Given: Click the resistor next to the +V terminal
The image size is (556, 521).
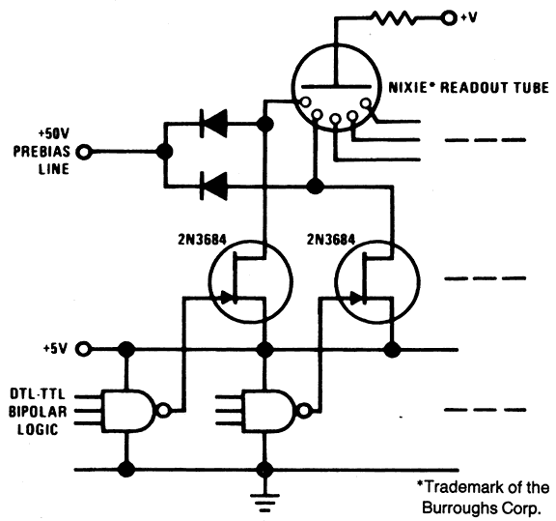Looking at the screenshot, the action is pyautogui.click(x=393, y=17).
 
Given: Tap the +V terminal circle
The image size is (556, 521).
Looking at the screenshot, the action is pyautogui.click(x=449, y=17).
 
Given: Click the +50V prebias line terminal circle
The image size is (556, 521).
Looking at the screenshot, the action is pyautogui.click(x=84, y=152).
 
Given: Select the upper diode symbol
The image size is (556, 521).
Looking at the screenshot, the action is pyautogui.click(x=214, y=124).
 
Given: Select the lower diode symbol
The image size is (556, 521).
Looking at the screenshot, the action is pyautogui.click(x=214, y=187).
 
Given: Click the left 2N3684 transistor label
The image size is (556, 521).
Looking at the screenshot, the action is pyautogui.click(x=202, y=240).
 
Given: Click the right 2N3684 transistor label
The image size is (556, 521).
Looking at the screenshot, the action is pyautogui.click(x=331, y=240).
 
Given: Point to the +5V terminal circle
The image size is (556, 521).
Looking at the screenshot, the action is pyautogui.click(x=84, y=349).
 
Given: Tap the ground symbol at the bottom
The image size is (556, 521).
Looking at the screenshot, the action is pyautogui.click(x=264, y=503).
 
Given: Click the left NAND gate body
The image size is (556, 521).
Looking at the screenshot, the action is pyautogui.click(x=128, y=411).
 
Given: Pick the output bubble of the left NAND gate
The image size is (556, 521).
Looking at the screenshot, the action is pyautogui.click(x=163, y=411).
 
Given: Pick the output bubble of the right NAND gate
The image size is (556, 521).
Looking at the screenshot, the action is pyautogui.click(x=303, y=411).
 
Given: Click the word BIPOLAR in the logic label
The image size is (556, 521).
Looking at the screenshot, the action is pyautogui.click(x=38, y=412).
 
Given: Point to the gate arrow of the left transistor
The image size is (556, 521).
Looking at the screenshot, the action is pyautogui.click(x=227, y=298).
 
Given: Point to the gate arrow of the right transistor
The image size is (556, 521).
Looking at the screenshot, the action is pyautogui.click(x=355, y=298).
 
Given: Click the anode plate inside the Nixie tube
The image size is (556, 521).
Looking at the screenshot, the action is pyautogui.click(x=336, y=86).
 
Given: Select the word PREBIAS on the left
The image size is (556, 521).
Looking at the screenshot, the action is pyautogui.click(x=42, y=152).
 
